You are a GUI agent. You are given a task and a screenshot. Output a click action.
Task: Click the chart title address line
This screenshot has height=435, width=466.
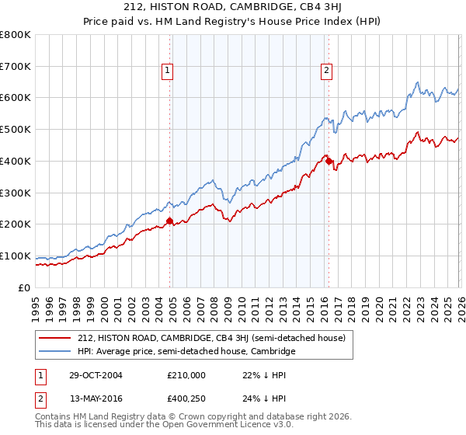tap(232, 9)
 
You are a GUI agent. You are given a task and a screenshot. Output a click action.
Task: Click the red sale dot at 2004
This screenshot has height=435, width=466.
tap(170, 221)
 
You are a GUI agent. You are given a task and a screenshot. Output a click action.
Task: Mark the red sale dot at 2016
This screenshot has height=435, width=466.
tap(329, 161)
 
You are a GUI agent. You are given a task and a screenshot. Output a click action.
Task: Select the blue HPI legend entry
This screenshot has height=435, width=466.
tap(186, 351)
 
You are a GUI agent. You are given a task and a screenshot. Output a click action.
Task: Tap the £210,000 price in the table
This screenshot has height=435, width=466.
tap(186, 374)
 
